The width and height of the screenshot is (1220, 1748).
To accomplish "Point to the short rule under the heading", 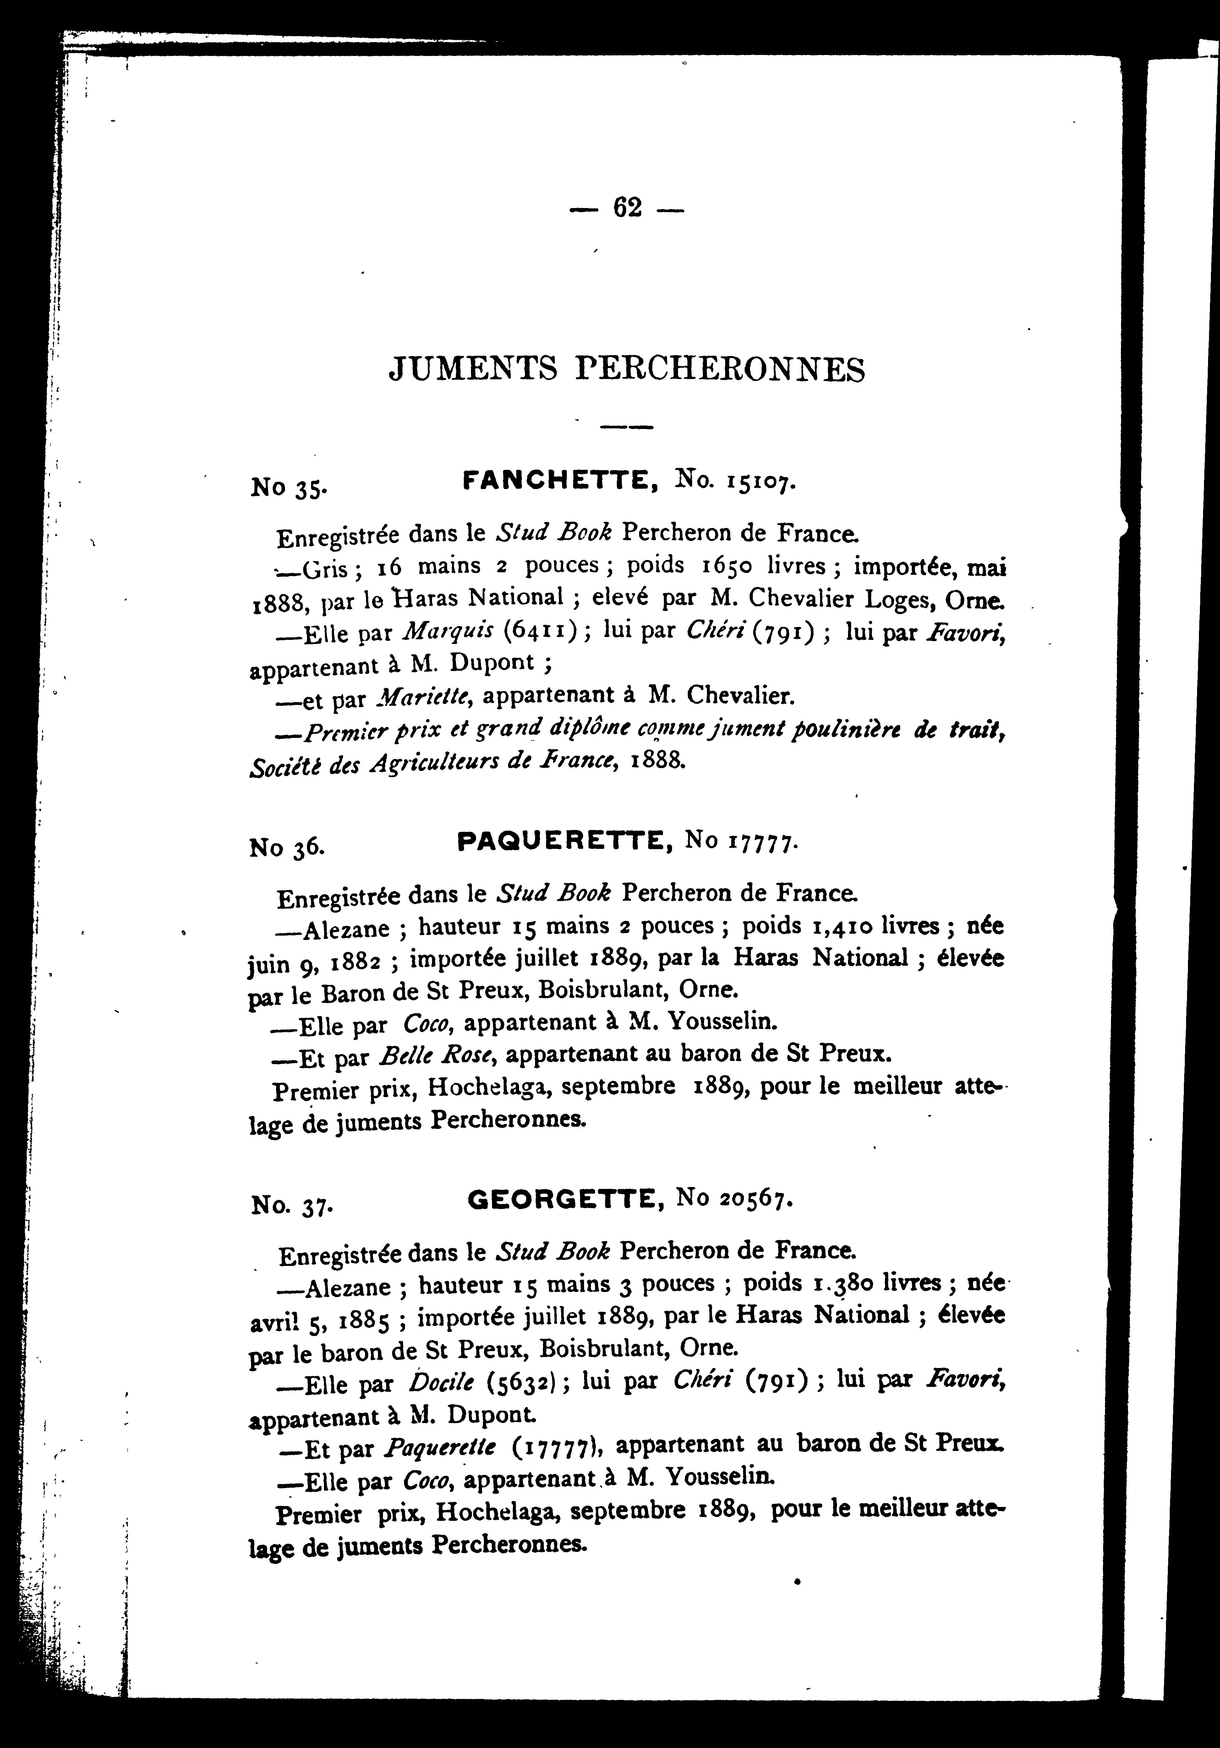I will click(x=626, y=427).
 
